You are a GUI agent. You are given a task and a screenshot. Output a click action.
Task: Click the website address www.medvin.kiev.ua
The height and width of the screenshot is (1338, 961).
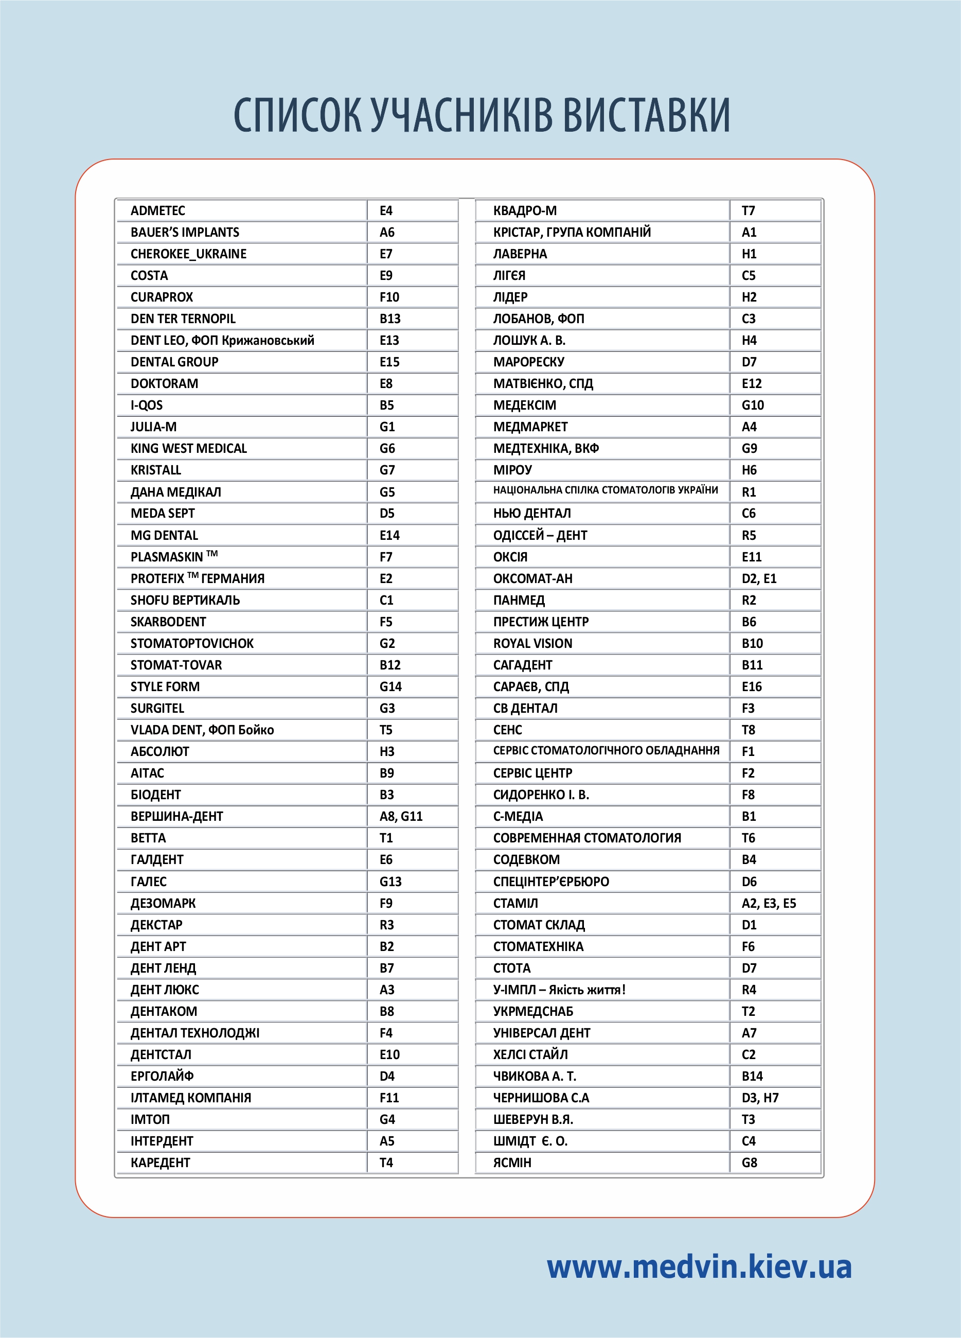699,1266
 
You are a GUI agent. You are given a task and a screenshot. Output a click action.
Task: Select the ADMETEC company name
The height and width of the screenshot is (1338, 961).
157,210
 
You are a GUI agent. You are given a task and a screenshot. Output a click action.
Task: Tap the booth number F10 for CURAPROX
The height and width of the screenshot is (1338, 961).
389,297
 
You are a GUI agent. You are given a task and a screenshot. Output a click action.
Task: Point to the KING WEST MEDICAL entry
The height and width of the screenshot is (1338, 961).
189,448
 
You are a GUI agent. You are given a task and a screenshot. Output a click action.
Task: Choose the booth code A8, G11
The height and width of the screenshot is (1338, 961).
401,817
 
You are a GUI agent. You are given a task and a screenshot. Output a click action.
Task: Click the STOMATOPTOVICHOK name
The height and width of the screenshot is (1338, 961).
192,644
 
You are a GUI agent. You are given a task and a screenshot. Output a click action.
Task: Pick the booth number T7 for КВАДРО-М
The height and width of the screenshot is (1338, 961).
748,210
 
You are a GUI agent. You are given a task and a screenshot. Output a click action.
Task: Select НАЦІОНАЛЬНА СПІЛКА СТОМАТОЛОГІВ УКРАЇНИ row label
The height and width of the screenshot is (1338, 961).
606,490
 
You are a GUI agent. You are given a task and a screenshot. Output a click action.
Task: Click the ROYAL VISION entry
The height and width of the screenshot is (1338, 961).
532,644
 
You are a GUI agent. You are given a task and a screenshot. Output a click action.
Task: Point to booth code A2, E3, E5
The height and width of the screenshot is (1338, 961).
769,903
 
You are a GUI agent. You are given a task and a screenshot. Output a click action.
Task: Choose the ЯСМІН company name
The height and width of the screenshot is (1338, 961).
512,1163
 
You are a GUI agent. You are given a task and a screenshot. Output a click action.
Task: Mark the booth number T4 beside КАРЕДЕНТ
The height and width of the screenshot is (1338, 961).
386,1163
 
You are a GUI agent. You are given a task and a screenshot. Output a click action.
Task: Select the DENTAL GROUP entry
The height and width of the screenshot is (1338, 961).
174,362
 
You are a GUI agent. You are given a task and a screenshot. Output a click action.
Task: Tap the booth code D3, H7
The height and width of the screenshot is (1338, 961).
760,1098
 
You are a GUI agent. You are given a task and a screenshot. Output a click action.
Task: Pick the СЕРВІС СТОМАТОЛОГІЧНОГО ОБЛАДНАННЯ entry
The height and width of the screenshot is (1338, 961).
606,750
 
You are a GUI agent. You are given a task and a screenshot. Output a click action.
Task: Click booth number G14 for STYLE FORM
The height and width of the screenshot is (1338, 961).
390,686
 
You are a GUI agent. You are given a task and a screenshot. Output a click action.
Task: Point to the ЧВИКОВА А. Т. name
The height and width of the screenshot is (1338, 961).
535,1076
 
